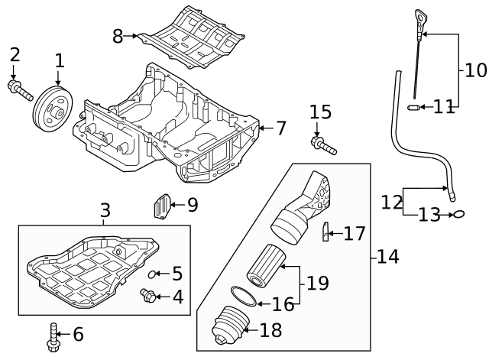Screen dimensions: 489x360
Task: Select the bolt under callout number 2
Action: pos(21,90)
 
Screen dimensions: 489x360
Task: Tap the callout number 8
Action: pos(118,36)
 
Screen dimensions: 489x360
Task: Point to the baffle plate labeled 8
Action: pos(191,37)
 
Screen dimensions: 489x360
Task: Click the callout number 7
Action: pos(281,128)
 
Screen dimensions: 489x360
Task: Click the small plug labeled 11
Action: pos(413,108)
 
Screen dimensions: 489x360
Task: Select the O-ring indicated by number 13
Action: pos(459,214)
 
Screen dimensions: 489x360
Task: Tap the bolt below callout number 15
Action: pos(324,146)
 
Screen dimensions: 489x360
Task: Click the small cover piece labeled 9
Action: pos(163,206)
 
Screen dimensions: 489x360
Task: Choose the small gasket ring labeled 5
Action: pos(151,274)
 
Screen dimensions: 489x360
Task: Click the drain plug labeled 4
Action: pos(147,295)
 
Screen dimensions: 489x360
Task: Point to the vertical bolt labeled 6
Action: pos(53,337)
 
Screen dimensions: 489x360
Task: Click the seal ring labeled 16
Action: pos(244,296)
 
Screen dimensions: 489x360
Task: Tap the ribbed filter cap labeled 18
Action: pos(231,326)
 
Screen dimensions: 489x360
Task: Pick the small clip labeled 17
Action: pos(325,232)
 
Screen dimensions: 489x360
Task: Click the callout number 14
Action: pos(388,257)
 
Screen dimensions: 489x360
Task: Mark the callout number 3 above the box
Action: pos(105,210)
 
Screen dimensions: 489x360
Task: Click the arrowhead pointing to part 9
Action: pos(173,205)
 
